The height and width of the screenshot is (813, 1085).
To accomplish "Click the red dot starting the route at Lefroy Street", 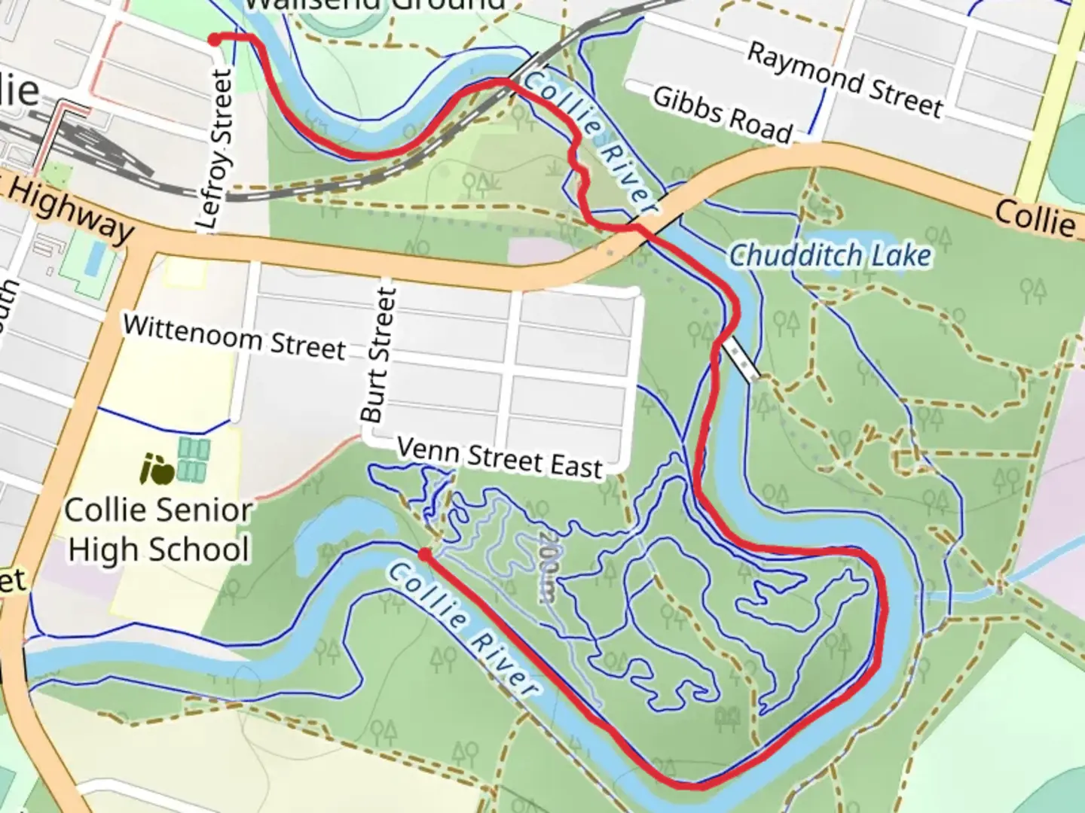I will (215, 40).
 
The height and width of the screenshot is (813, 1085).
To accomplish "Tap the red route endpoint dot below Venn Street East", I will (425, 555).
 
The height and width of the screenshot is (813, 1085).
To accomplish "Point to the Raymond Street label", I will (845, 79).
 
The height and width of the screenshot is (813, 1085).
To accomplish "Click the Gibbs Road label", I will (722, 114).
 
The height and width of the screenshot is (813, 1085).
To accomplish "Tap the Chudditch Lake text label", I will (830, 256).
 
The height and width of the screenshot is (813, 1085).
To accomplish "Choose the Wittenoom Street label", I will (234, 336).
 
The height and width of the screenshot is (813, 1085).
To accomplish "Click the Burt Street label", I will (378, 355).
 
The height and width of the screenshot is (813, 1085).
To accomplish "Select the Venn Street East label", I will (500, 458).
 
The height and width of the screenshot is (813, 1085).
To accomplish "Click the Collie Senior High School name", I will (158, 530).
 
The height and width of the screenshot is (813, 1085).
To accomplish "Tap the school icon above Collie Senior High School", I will (157, 470).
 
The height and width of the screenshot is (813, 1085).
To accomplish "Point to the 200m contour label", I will (548, 567).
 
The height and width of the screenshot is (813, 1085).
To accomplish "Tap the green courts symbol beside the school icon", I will (193, 461).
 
